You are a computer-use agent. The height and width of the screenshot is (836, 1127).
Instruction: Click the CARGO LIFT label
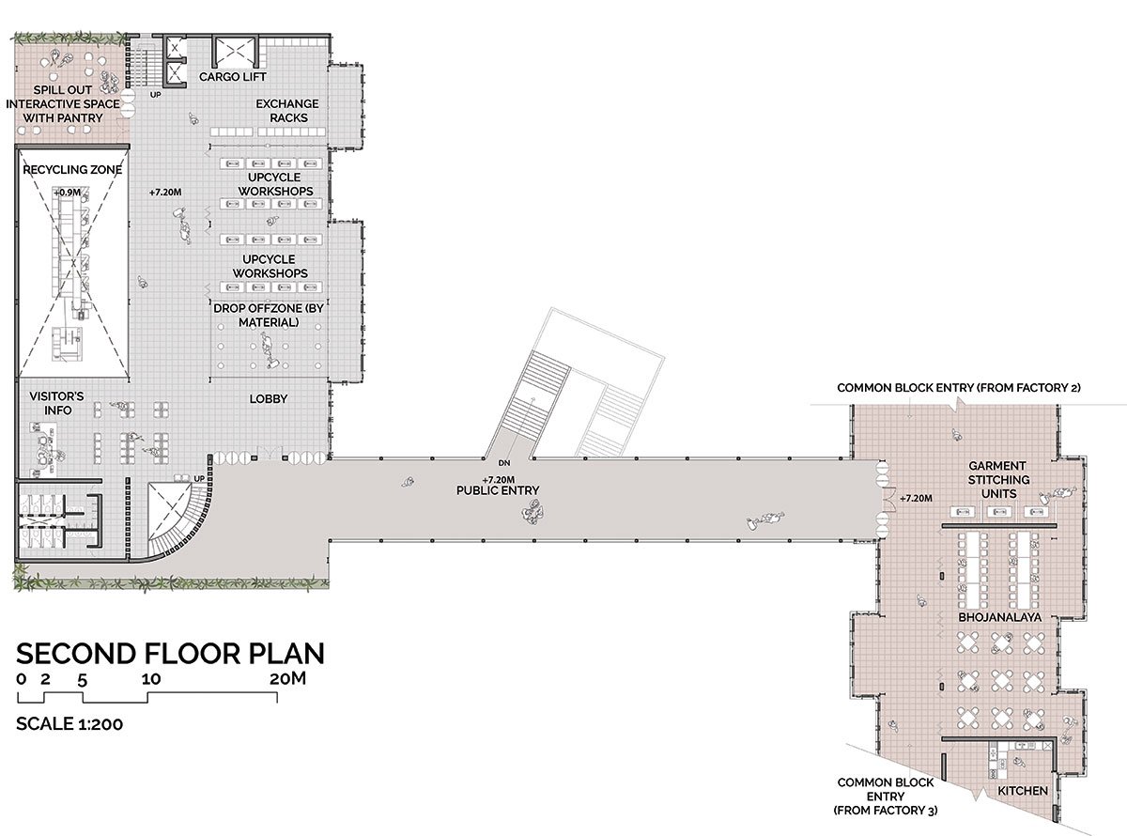click(x=233, y=77)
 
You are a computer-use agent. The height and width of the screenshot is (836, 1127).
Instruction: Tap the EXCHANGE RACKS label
click(x=287, y=111)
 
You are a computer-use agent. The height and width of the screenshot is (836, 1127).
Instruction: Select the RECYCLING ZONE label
click(x=72, y=170)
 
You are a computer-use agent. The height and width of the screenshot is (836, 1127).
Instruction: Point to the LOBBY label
click(x=269, y=399)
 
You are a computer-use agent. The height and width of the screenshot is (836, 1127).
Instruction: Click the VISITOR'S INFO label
click(x=56, y=403)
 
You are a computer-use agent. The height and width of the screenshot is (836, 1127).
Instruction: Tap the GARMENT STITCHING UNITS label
click(x=998, y=480)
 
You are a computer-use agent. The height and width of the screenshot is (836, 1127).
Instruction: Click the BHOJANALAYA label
click(x=999, y=617)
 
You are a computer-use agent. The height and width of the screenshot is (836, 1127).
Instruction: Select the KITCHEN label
click(x=1023, y=791)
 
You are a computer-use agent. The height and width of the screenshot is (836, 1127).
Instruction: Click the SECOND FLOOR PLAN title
click(x=170, y=654)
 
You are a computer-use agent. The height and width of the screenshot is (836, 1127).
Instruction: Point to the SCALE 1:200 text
click(x=69, y=723)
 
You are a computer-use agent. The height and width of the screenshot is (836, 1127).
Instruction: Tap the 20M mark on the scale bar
click(x=287, y=678)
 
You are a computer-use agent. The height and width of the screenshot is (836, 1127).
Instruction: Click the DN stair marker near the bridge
click(x=503, y=463)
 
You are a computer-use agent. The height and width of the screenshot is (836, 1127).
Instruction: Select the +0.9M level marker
click(x=67, y=193)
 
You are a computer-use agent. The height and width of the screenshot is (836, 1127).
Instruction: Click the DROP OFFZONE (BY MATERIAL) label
click(x=269, y=315)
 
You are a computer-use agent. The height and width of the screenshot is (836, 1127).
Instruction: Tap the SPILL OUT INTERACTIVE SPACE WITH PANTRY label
click(x=63, y=103)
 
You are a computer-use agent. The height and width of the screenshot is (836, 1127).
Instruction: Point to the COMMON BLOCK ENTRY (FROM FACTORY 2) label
click(x=959, y=388)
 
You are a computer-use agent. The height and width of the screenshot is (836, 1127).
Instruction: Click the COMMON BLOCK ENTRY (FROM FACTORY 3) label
click(x=885, y=797)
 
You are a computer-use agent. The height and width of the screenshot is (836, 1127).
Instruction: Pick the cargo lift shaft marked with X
click(x=235, y=51)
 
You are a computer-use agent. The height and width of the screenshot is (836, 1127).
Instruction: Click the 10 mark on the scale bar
click(x=151, y=679)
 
